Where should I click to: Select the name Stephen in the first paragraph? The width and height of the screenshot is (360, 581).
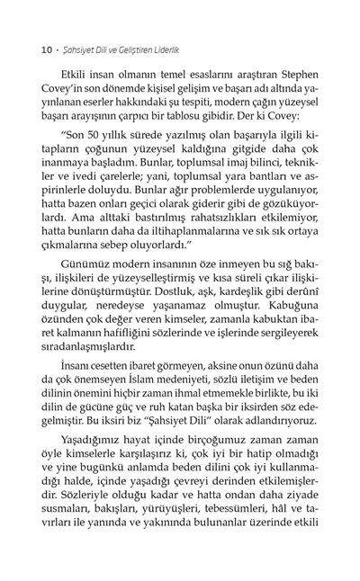(296, 67)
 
